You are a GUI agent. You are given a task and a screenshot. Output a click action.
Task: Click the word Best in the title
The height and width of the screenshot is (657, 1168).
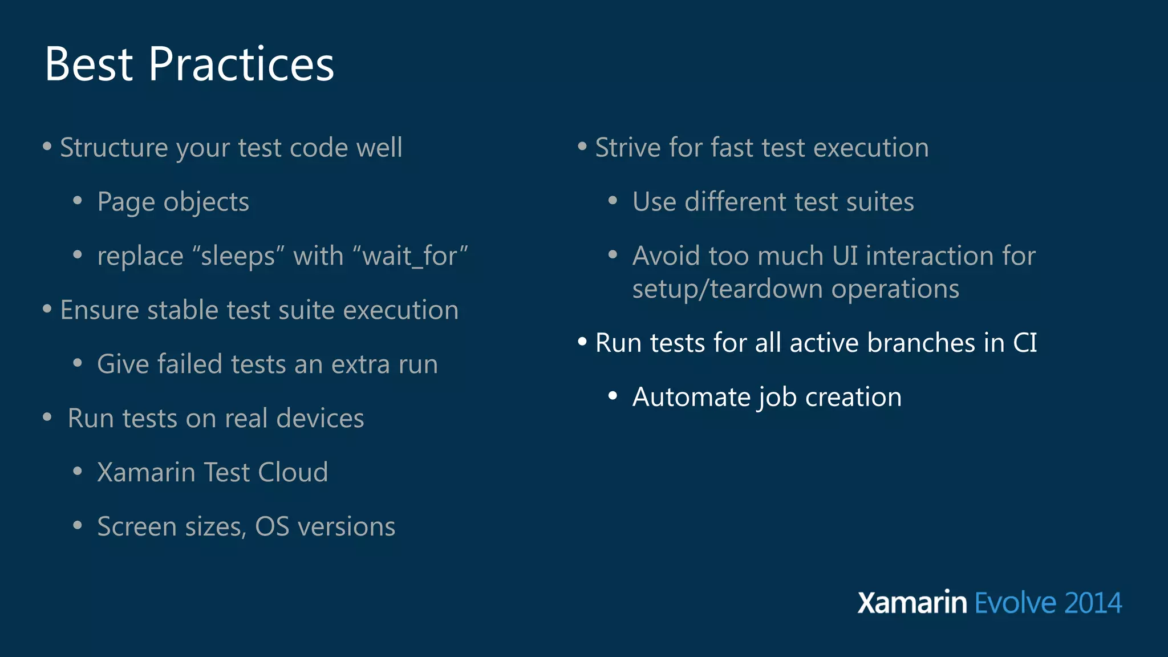[89, 64]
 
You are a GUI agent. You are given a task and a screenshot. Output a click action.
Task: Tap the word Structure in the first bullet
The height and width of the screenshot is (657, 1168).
[113, 148]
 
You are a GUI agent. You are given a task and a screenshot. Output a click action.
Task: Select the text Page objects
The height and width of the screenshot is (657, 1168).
[173, 202]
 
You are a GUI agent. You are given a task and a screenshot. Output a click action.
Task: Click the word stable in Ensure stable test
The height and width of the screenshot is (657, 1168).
[182, 310]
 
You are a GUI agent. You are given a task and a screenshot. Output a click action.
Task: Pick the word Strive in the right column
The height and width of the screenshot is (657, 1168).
[627, 148]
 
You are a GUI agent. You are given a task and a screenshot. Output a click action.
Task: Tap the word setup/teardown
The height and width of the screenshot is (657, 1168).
[728, 289]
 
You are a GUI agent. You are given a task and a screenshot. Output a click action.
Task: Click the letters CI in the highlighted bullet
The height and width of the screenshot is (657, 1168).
[1025, 343]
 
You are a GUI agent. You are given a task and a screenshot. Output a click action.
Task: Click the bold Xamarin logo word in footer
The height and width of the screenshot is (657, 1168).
[912, 603]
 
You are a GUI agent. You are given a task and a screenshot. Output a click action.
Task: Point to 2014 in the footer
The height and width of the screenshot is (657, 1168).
[1093, 603]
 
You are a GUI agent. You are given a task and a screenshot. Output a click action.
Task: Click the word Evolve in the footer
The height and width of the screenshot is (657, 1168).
[1015, 603]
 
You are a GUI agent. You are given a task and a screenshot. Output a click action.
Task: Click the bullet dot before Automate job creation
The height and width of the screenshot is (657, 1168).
[613, 396]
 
